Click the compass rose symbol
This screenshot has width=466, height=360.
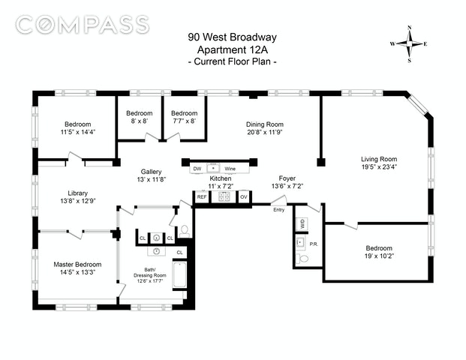point(409,44)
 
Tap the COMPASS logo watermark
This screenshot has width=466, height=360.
point(83,24)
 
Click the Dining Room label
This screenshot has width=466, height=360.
point(264,124)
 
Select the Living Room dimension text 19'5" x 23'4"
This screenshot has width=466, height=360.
point(379,166)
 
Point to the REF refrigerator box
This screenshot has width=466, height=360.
point(202,197)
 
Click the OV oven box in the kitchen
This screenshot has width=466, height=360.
point(244,197)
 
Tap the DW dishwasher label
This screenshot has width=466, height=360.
point(197,169)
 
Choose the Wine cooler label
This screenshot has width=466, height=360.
point(230,169)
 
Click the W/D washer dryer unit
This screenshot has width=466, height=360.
point(302,223)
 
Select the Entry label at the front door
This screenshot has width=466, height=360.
point(278,210)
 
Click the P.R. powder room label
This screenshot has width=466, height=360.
point(314,244)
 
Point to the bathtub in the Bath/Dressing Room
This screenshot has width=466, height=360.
point(180,274)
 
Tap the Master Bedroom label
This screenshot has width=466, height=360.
point(77,264)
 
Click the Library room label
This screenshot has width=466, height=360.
point(77,193)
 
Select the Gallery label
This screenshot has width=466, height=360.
point(152,172)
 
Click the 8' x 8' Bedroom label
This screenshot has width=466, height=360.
point(140,113)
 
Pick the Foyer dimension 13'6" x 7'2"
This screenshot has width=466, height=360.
point(287,186)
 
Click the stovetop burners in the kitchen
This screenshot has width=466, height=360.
point(224,196)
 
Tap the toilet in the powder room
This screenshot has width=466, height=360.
point(302,259)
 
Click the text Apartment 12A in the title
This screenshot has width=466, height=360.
point(233,49)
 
